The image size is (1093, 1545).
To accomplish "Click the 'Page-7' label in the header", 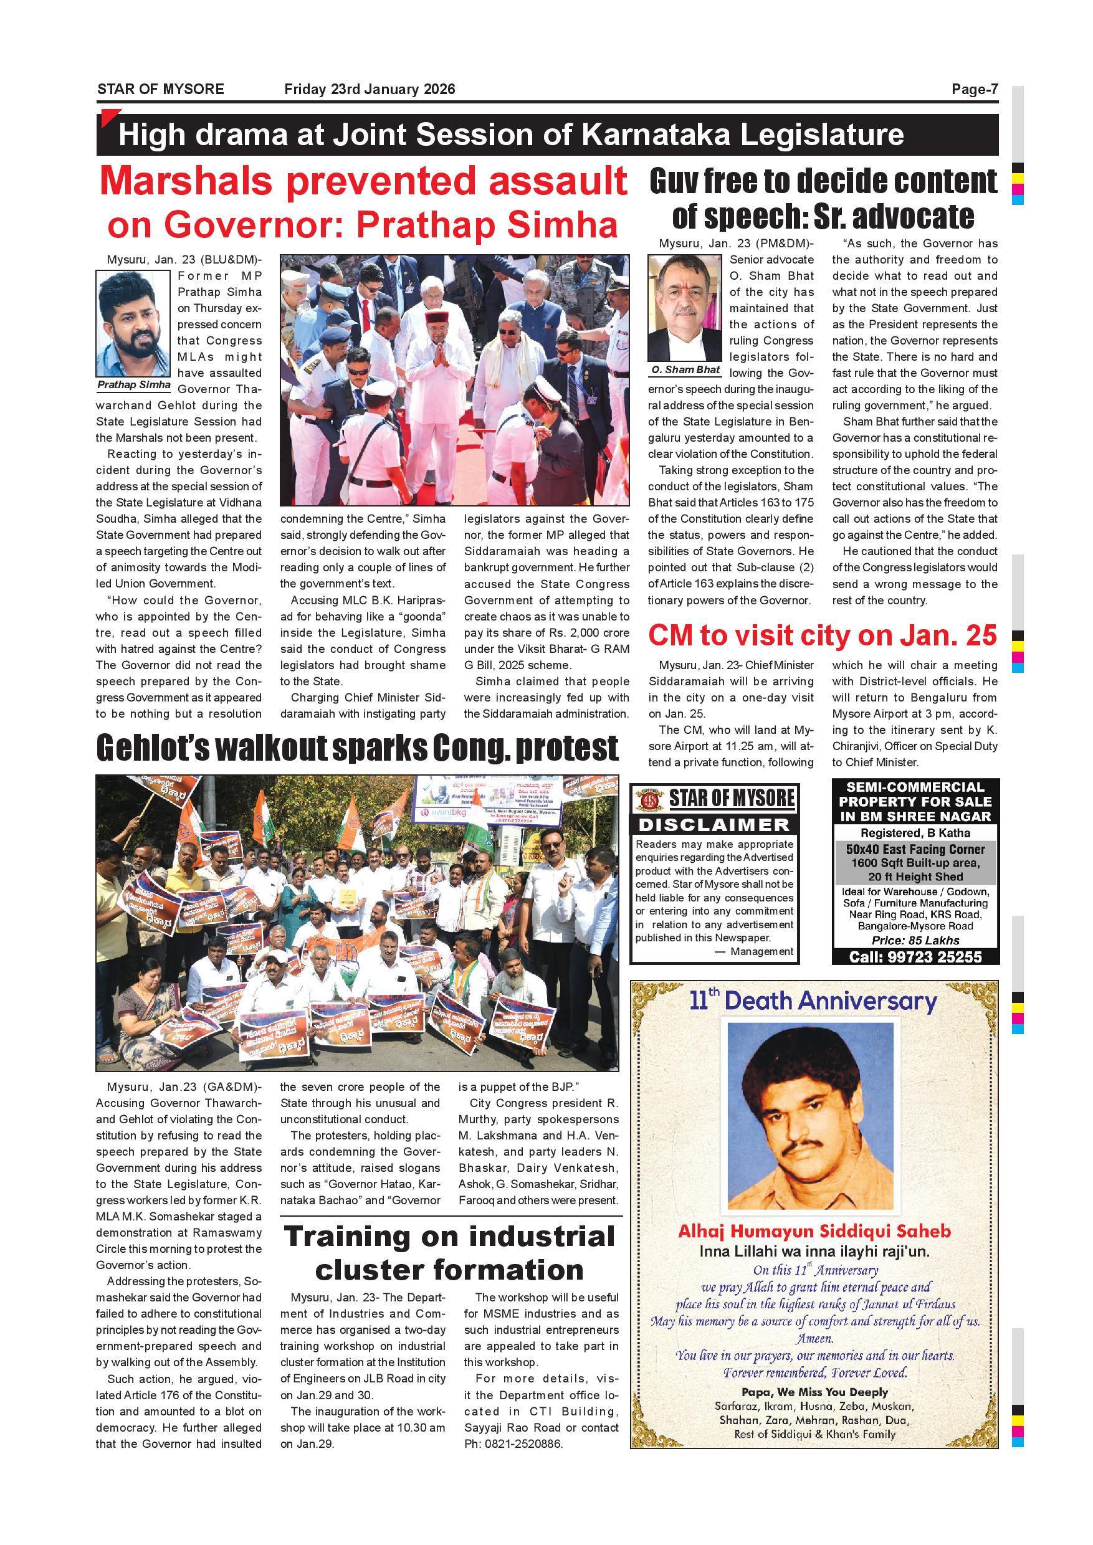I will (x=974, y=90).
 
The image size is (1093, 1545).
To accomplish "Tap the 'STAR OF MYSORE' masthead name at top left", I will (x=160, y=90).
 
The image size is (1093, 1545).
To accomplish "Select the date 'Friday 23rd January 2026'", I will (x=370, y=90).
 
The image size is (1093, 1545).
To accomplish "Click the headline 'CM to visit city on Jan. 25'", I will (x=822, y=636).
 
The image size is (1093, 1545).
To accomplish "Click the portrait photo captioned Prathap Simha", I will (x=133, y=325).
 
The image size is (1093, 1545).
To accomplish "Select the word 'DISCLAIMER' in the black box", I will (x=714, y=824).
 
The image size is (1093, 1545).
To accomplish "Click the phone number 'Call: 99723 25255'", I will (x=915, y=957).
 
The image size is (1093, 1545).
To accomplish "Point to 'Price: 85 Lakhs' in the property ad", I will (x=915, y=941).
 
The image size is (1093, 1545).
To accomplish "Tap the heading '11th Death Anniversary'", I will (x=813, y=1002).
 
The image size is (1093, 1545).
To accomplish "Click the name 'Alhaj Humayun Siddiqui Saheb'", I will (x=814, y=1232).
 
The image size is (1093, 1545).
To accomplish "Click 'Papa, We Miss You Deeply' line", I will (x=814, y=1392).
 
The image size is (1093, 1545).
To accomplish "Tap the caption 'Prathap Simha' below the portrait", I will (x=134, y=385).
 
